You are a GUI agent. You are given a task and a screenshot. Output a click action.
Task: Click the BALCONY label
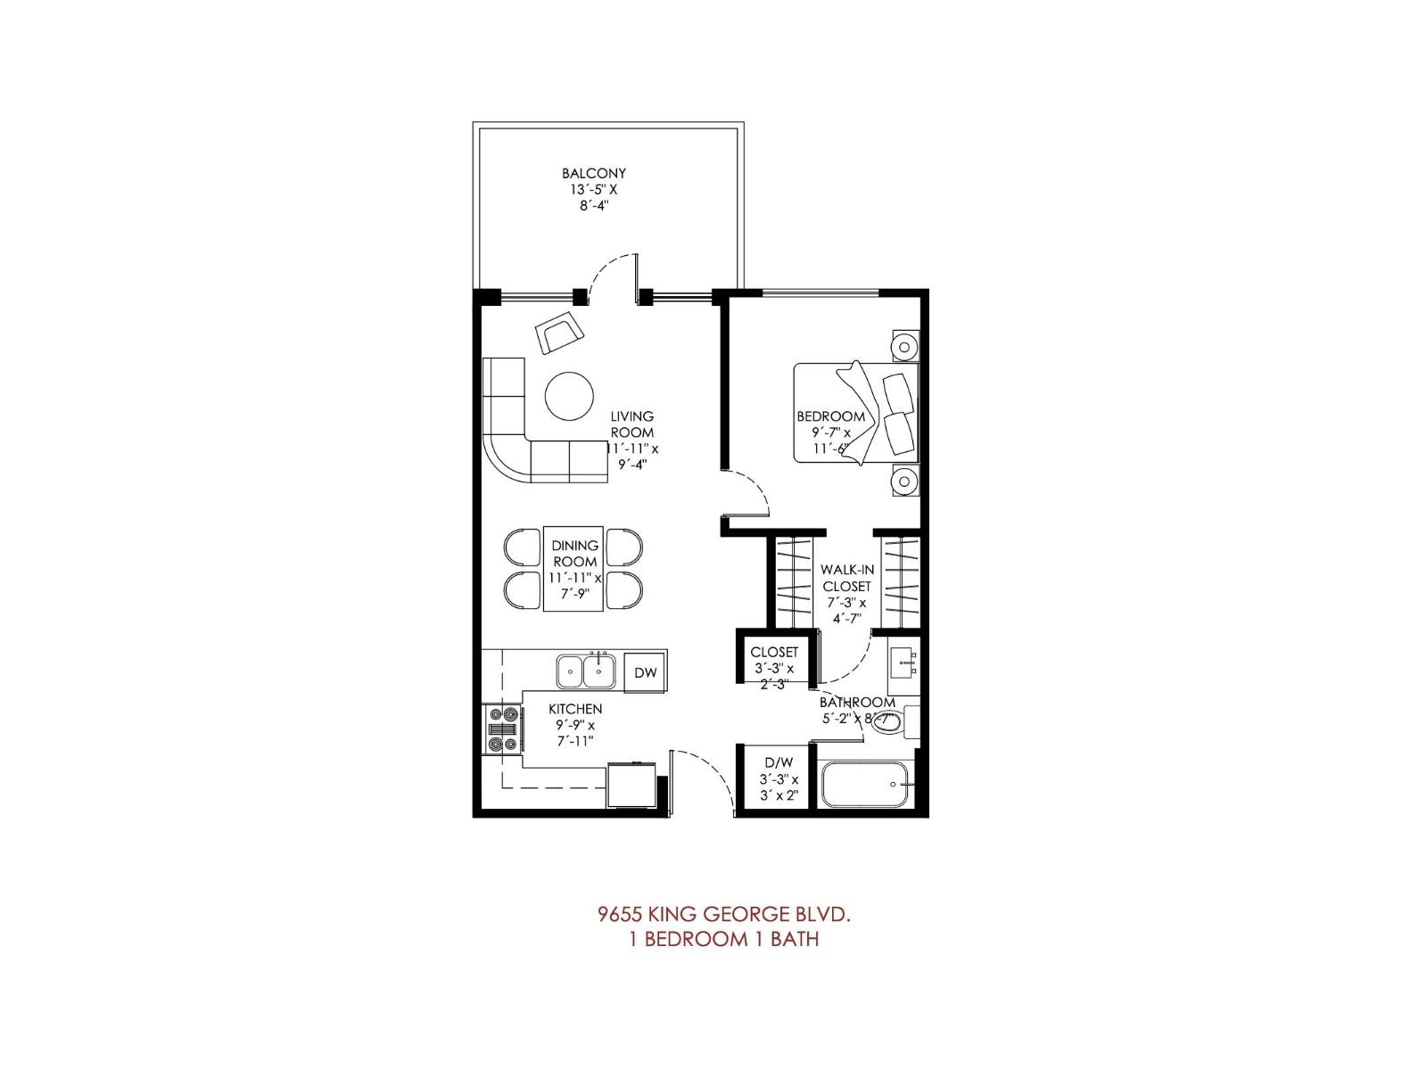593,173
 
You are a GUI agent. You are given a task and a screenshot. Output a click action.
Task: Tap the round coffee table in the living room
568,395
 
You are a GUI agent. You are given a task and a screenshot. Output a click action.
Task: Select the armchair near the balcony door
559,333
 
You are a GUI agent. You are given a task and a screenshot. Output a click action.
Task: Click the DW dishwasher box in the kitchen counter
645,672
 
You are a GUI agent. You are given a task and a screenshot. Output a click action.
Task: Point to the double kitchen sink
586,671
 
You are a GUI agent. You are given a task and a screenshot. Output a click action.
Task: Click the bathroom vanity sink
904,660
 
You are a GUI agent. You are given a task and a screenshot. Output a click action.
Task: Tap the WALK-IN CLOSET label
845,578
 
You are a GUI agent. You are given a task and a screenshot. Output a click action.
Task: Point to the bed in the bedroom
854,413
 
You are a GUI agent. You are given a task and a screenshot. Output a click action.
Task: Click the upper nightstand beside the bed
904,345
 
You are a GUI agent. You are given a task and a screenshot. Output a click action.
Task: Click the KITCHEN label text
574,709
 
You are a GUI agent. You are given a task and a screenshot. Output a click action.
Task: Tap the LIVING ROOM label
631,424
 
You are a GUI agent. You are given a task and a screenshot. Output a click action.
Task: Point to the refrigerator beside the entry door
632,786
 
